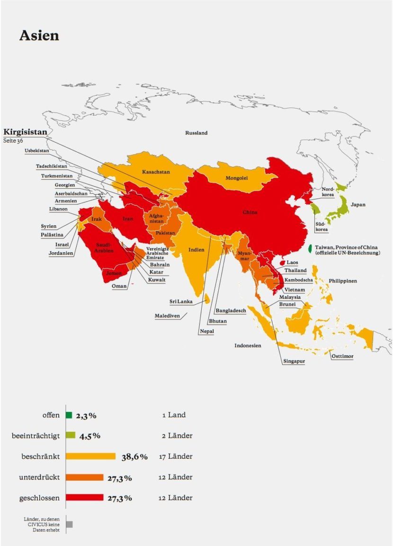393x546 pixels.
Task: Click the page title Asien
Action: pyautogui.click(x=39, y=36)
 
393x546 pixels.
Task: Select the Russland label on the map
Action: pyautogui.click(x=196, y=133)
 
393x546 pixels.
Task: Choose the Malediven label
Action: pyautogui.click(x=167, y=316)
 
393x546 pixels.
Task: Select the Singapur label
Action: pyautogui.click(x=294, y=362)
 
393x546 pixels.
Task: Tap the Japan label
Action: pyautogui.click(x=358, y=205)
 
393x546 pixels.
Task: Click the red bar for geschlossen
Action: pyautogui.click(x=84, y=498)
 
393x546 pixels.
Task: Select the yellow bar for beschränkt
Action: pyautogui.click(x=90, y=456)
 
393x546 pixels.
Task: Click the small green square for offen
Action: pyautogui.click(x=69, y=415)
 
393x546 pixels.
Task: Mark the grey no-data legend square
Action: pyautogui.click(x=70, y=524)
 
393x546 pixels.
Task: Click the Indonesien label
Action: pyautogui.click(x=248, y=346)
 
